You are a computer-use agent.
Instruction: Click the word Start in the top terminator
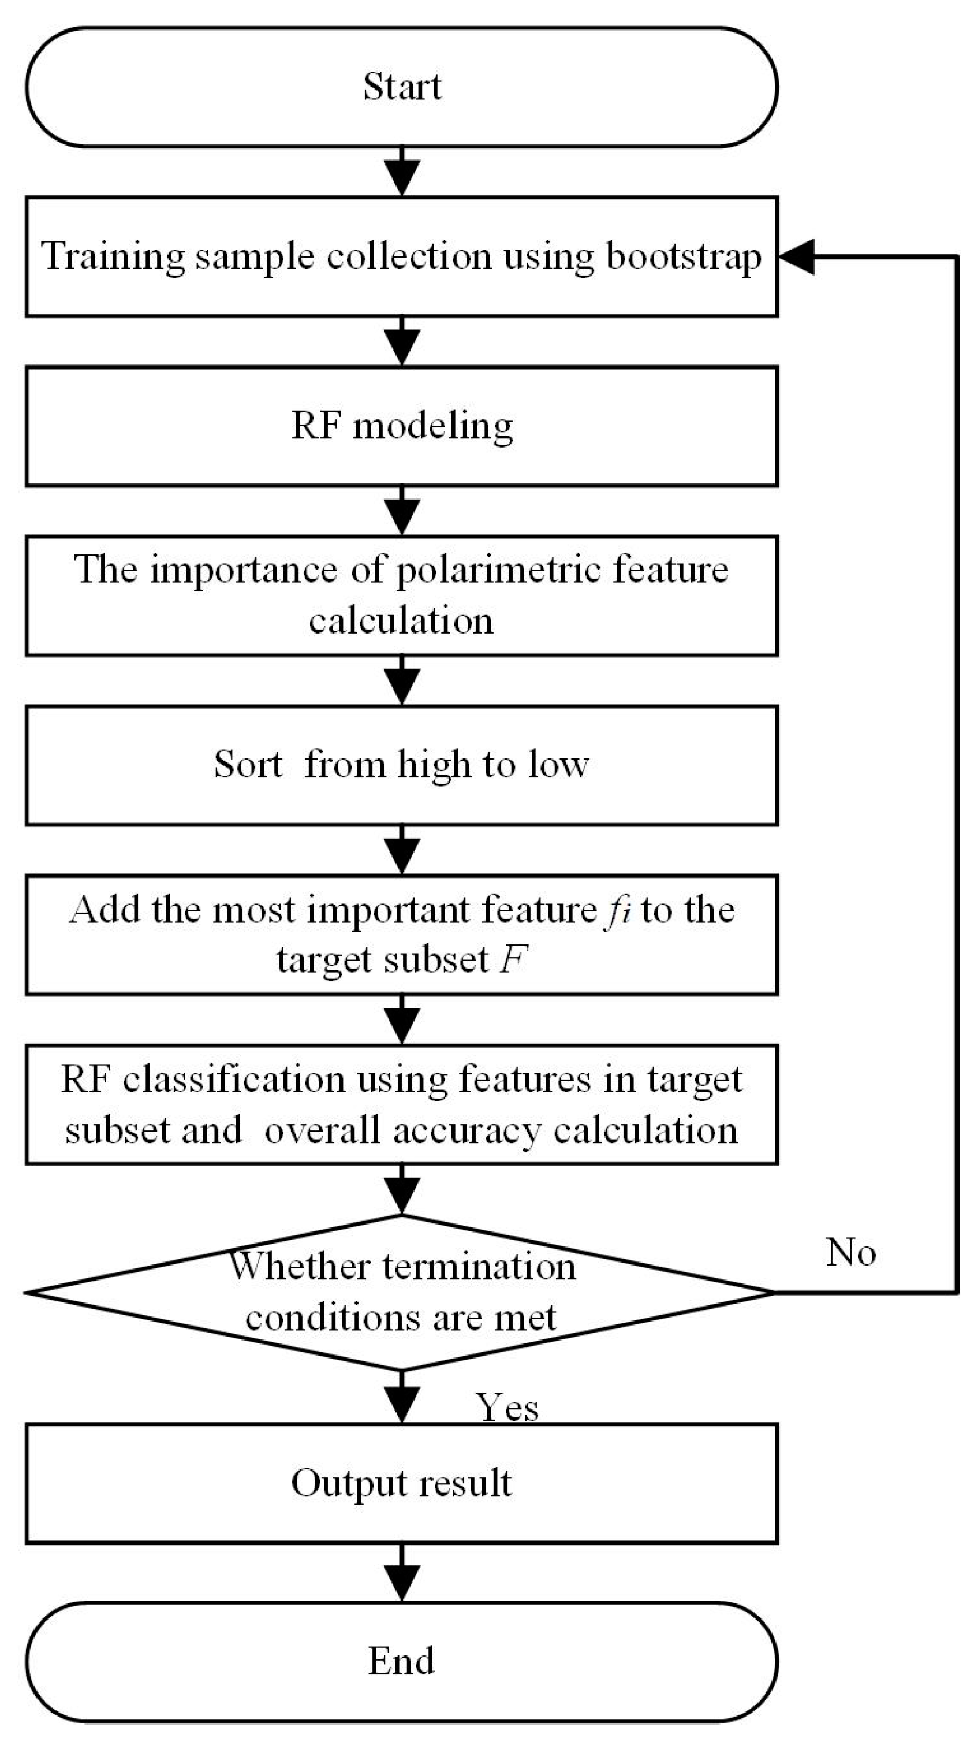click(402, 87)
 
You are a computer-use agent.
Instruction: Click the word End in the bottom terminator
click(401, 1661)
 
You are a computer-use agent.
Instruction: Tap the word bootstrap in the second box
click(683, 257)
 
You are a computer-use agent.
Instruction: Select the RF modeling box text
click(402, 426)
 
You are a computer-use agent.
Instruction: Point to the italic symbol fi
click(617, 910)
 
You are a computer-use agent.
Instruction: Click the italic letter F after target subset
click(513, 959)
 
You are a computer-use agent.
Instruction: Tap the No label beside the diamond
click(850, 1252)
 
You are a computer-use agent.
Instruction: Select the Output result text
click(401, 1483)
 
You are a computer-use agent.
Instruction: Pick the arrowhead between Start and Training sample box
click(402, 177)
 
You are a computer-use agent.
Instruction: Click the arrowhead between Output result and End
click(402, 1581)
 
